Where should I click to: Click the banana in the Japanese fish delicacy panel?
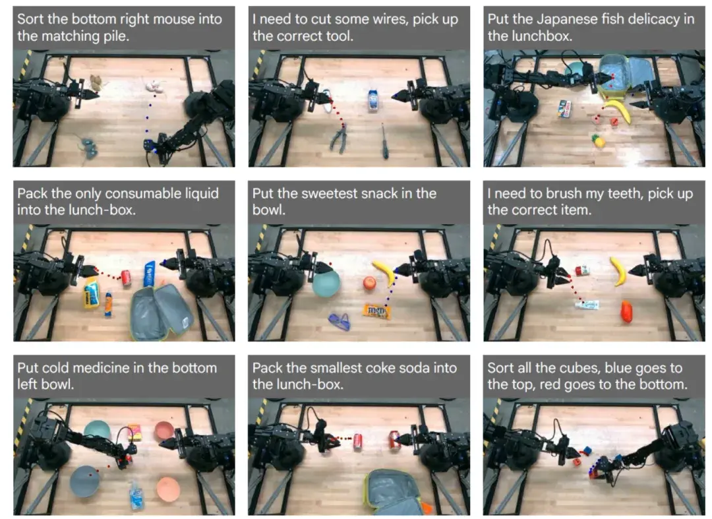(x=618, y=110)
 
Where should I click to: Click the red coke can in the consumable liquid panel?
(x=126, y=278)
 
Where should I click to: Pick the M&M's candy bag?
(x=377, y=311)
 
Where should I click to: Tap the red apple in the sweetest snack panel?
(x=370, y=283)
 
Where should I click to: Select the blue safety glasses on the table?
(x=340, y=321)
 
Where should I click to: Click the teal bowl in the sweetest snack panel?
(x=326, y=283)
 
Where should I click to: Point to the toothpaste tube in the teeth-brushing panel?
(x=587, y=304)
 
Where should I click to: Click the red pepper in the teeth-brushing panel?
(x=626, y=311)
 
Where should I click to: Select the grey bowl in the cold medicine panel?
(x=85, y=481)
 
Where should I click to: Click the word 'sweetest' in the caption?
(x=330, y=194)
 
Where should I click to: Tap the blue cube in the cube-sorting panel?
(x=587, y=451)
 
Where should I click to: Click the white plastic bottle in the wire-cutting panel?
(x=372, y=100)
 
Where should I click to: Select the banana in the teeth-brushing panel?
(x=618, y=271)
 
